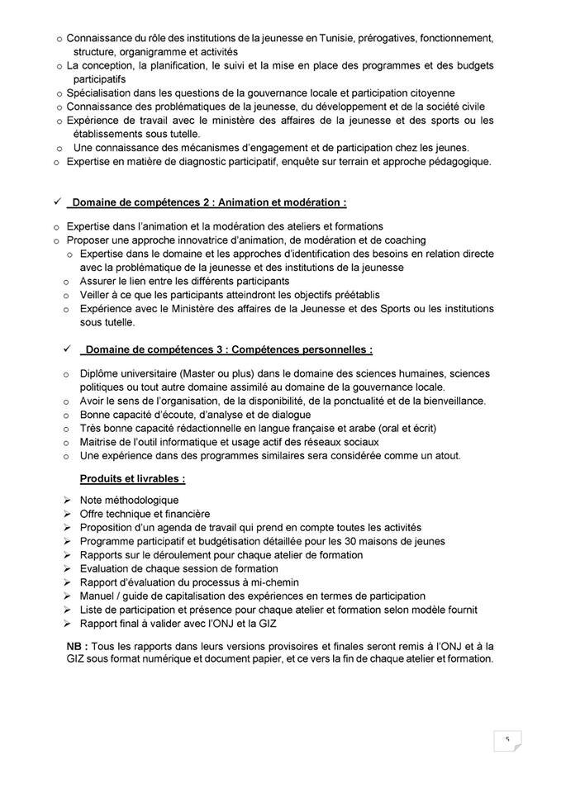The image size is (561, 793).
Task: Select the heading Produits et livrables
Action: (x=132, y=479)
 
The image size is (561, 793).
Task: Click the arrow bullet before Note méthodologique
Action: (x=68, y=500)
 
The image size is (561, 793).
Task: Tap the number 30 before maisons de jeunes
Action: (x=360, y=541)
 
